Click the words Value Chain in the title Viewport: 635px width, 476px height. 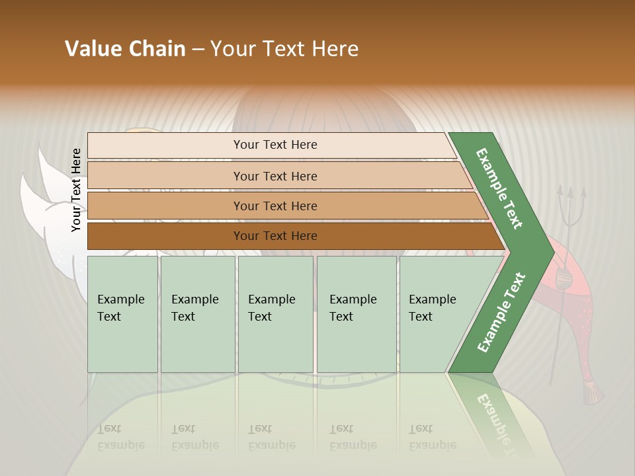(x=125, y=49)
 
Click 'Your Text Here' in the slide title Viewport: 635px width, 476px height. (x=284, y=49)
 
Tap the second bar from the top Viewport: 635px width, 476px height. (x=275, y=176)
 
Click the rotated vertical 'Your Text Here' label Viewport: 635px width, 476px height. (x=76, y=190)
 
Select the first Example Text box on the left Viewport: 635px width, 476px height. (x=122, y=314)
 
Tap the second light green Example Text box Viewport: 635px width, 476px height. (x=197, y=314)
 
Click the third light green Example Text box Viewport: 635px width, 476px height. (x=275, y=314)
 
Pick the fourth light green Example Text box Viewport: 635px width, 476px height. (x=356, y=314)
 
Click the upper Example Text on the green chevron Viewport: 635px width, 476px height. (x=500, y=188)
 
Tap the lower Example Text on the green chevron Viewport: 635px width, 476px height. (x=501, y=312)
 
